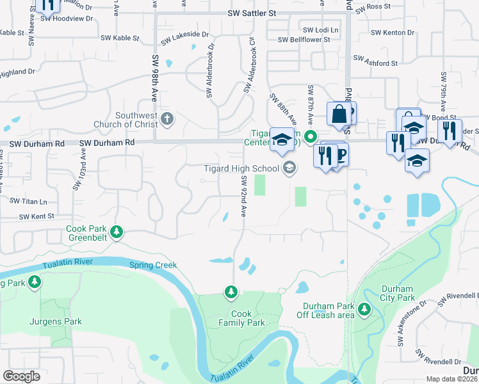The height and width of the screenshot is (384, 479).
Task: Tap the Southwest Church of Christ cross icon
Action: [x=167, y=118]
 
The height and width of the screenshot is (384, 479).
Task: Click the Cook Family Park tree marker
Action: [x=231, y=292]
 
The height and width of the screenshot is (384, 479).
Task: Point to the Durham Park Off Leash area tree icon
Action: [x=364, y=310]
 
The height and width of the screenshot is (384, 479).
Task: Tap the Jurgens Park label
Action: [x=55, y=322]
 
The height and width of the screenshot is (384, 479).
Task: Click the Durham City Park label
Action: [x=398, y=293]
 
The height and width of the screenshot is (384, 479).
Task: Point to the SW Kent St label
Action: [x=37, y=217]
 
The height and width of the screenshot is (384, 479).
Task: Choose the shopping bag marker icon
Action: [x=338, y=115]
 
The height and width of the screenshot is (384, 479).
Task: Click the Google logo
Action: [x=22, y=376]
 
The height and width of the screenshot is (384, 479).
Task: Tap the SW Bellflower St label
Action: [x=304, y=40]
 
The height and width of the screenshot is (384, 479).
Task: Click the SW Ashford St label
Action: [x=376, y=64]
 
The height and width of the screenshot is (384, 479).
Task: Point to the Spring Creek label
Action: [x=152, y=265]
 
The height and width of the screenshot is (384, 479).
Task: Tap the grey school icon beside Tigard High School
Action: [x=289, y=168]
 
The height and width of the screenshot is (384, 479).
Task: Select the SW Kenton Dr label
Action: [x=393, y=32]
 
